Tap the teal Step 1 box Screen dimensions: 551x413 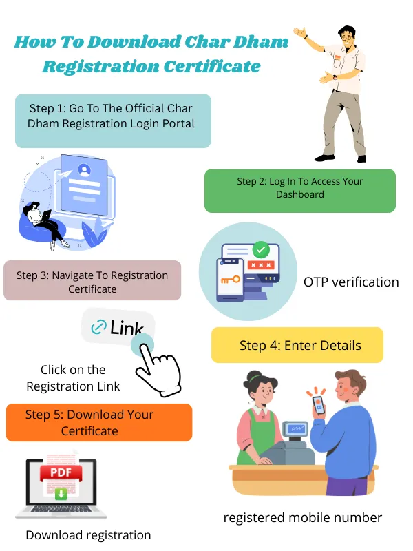(113, 121)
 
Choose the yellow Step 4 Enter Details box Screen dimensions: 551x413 (297, 345)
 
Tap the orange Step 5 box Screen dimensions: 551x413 (98, 423)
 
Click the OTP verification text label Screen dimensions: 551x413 (351, 282)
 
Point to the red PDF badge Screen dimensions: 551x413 (61, 473)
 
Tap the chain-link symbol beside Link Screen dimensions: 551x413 (99, 327)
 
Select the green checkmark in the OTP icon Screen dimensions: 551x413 (261, 249)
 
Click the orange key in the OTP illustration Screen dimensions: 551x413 (231, 280)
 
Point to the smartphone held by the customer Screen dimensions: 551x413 (318, 404)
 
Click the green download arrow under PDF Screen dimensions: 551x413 (61, 493)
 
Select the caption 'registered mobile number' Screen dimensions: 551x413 (302, 518)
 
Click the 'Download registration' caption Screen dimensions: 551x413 (88, 535)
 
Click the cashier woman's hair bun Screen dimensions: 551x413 (255, 377)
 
